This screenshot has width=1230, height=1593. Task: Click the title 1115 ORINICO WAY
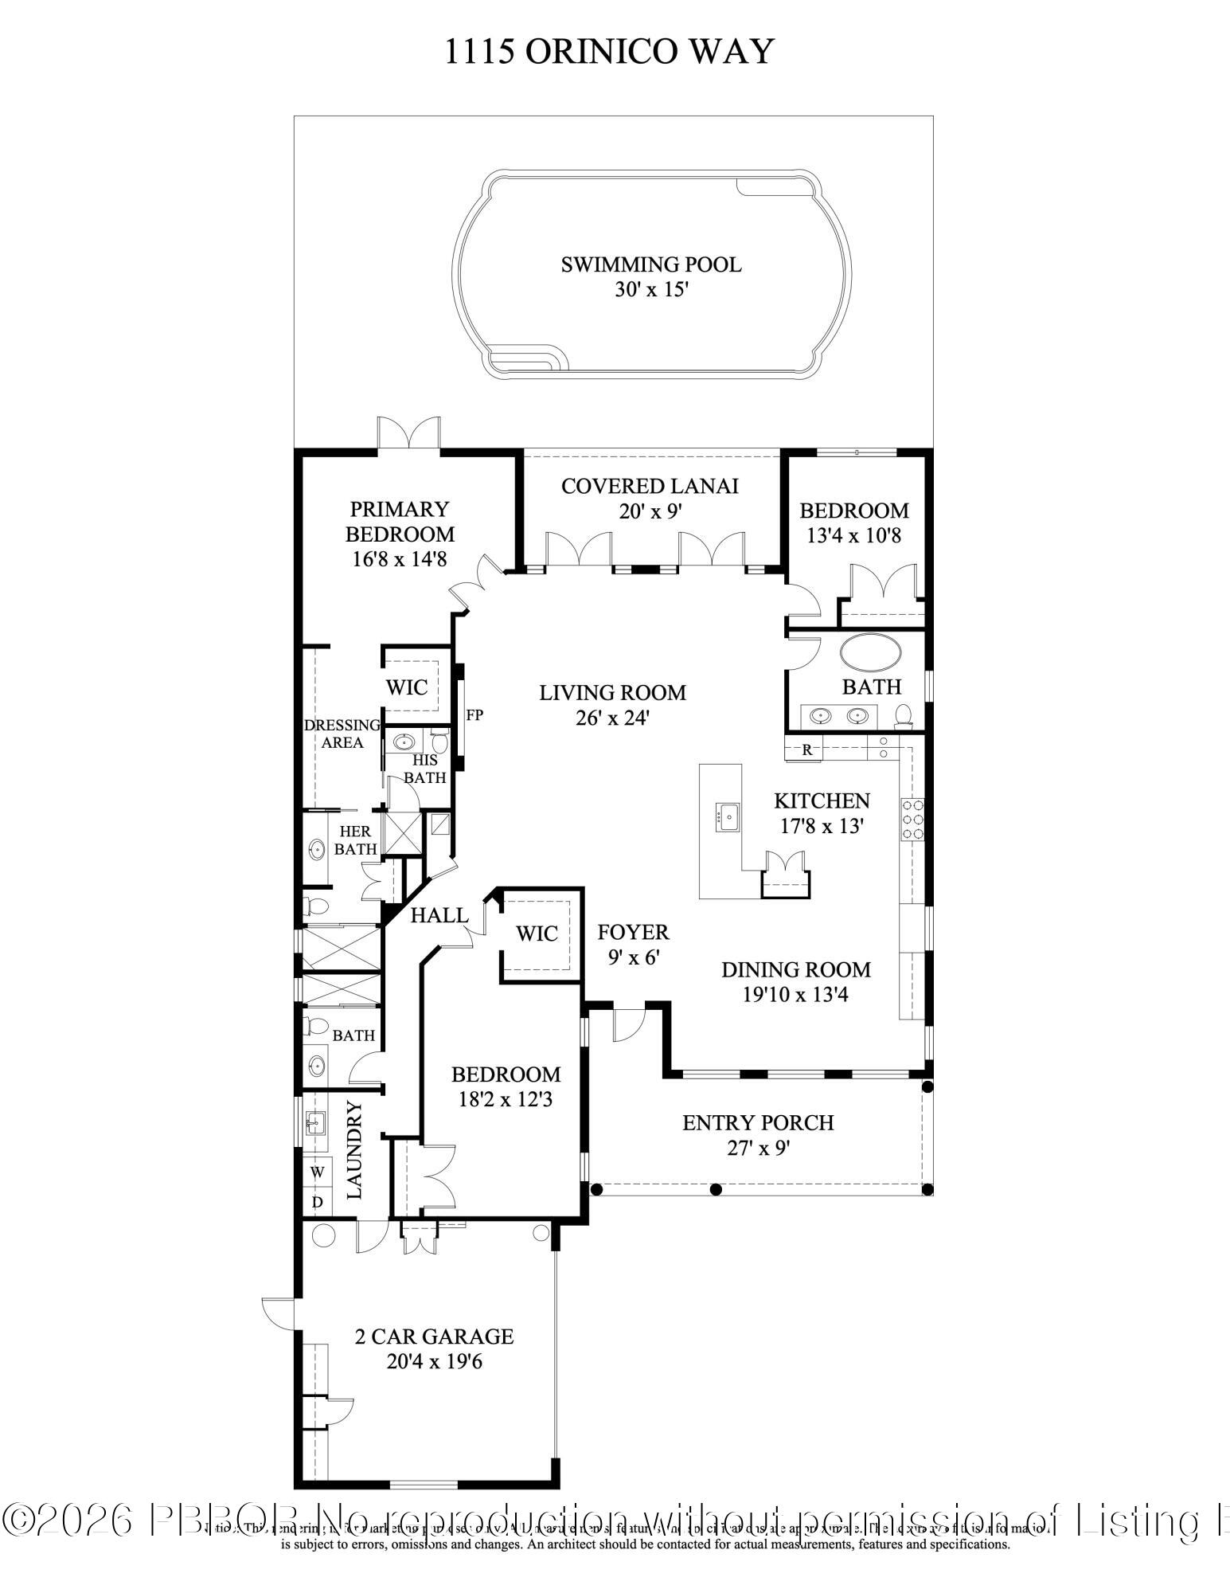click(608, 52)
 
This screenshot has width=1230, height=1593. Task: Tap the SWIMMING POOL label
click(650, 264)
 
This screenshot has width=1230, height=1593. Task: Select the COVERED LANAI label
click(650, 486)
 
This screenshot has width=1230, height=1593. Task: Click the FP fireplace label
click(474, 715)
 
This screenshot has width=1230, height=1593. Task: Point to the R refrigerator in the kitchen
click(806, 750)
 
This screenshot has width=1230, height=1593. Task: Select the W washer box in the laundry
click(317, 1172)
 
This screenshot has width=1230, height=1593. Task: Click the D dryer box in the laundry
click(317, 1202)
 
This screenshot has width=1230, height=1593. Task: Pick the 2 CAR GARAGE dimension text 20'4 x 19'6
click(434, 1362)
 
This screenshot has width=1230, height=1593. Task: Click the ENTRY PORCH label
click(758, 1123)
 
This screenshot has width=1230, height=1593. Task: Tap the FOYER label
click(633, 932)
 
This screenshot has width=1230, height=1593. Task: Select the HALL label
click(439, 916)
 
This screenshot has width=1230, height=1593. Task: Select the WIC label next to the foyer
click(537, 933)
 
